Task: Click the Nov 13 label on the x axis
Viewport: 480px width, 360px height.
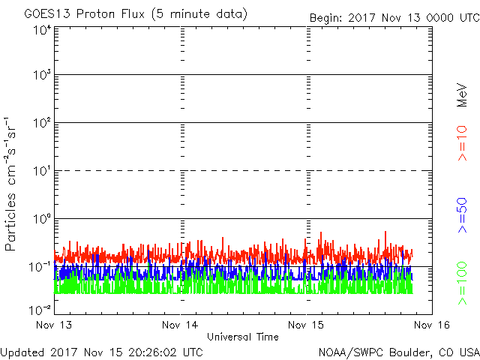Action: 54,325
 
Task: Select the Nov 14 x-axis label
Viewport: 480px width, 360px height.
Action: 180,325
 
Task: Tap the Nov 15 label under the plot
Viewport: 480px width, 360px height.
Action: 306,325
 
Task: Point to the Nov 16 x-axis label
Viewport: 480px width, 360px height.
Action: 432,325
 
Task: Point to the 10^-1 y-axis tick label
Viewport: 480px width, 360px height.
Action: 40,266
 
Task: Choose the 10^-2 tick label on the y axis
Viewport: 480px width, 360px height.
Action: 40,310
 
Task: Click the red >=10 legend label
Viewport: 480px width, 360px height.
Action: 462,143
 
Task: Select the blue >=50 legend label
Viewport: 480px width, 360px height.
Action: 462,215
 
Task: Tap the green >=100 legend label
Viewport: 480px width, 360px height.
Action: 462,283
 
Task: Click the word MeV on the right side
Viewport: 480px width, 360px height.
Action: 462,95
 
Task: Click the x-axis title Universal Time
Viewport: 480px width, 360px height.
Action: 243,337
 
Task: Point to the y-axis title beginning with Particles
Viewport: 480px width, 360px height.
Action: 10,184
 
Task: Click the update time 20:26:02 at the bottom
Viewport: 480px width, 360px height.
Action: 154,352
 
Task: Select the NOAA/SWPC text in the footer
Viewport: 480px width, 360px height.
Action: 351,352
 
